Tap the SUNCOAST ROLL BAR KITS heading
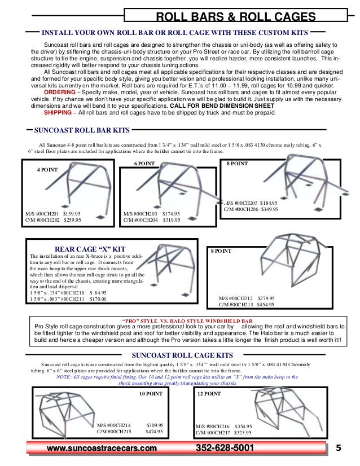(x=82, y=130)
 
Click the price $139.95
(x=72, y=214)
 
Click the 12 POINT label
(x=209, y=394)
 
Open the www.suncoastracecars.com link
(x=102, y=448)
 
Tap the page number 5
(x=339, y=448)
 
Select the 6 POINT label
(x=144, y=163)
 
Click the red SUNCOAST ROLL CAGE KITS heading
(x=182, y=355)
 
